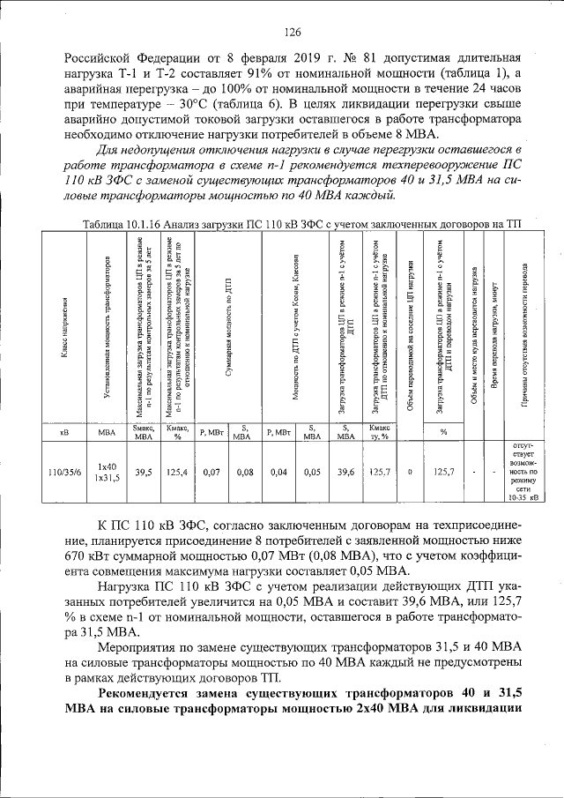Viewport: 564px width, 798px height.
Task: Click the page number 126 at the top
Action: [293, 33]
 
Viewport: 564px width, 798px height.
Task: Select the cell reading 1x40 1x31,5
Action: [108, 472]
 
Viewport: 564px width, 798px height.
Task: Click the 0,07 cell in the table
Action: [211, 472]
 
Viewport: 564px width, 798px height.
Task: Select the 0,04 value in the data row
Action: [279, 472]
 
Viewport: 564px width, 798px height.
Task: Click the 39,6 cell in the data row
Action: [345, 472]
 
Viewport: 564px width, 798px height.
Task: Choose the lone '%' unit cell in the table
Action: [444, 432]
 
